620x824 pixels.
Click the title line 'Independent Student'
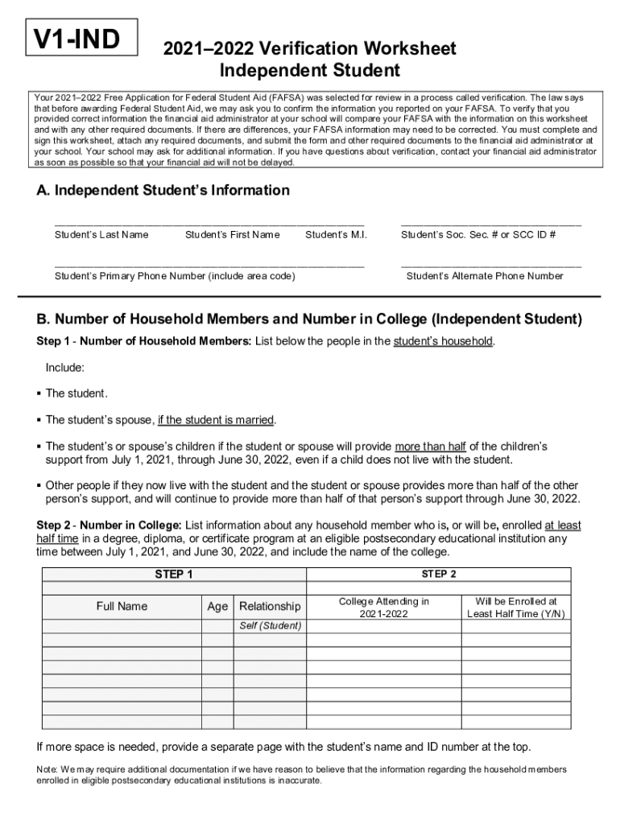310,70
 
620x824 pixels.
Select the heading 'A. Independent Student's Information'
163,191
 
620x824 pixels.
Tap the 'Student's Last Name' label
101,235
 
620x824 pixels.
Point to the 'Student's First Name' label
233,235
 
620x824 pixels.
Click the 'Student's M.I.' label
337,235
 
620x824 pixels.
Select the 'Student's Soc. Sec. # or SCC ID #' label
478,235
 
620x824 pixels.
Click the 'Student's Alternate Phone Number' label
485,276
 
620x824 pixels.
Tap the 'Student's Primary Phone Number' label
175,276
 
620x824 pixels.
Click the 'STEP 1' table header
174,575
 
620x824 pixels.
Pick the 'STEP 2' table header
439,574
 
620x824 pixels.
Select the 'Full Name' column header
122,606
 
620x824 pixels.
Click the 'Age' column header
217,606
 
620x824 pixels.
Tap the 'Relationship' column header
271,606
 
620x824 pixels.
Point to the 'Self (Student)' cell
271,626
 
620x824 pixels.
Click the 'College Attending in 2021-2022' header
384,608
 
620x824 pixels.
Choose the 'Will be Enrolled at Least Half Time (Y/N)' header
516,608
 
